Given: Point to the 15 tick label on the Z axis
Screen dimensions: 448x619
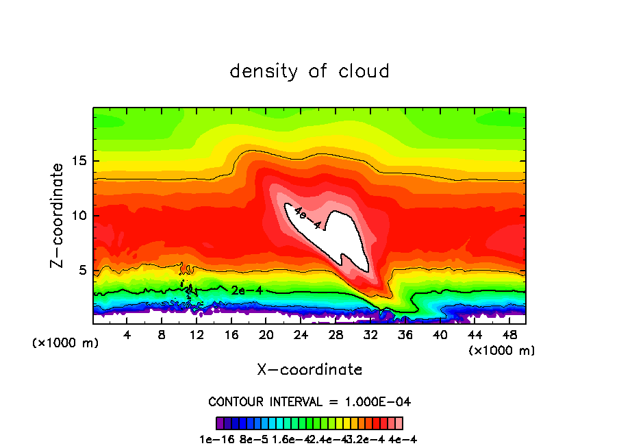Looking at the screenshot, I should [77, 162].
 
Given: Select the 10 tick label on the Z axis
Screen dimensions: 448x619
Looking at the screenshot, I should [77, 216].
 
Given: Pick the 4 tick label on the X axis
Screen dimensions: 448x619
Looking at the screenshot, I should [127, 335].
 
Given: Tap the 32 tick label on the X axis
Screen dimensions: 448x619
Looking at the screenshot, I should [370, 335].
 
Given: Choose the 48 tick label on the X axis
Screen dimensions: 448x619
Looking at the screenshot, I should [509, 335].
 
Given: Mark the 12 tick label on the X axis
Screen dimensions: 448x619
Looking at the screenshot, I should [197, 335].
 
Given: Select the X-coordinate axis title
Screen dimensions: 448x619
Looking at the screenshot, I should [309, 370].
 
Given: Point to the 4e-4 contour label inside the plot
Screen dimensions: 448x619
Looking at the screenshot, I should [306, 219].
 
